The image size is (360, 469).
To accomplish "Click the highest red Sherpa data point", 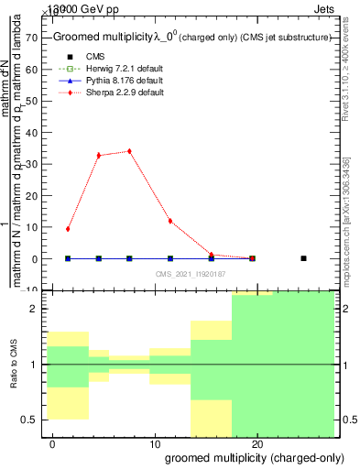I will tap(129, 151).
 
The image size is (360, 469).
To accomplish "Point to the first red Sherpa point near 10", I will tap(68, 229).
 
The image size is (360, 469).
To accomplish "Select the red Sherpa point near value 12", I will tap(170, 221).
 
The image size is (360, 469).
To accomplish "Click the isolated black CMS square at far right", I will tap(303, 258).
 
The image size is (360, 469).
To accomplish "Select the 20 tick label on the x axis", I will tap(258, 443).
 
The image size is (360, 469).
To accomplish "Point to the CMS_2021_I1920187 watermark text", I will tap(190, 274).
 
